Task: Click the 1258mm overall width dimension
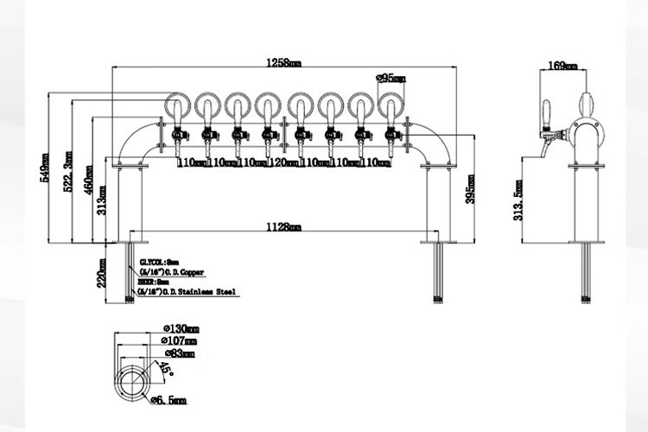pyautogui.click(x=284, y=62)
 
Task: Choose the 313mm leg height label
pyautogui.click(x=104, y=200)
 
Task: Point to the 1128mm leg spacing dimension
pyautogui.click(x=284, y=227)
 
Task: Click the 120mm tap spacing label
pyautogui.click(x=282, y=162)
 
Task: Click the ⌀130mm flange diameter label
pyautogui.click(x=181, y=328)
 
